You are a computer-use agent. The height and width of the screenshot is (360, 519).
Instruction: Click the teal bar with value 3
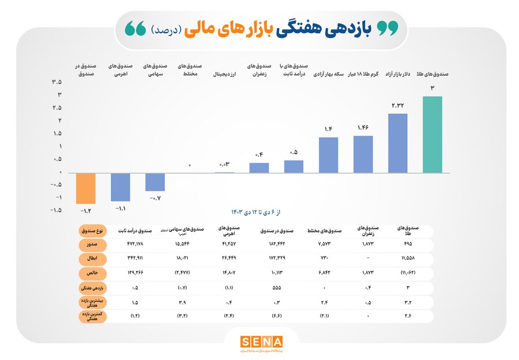(x=432, y=134)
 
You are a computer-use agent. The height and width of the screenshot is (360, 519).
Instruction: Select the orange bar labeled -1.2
(x=89, y=188)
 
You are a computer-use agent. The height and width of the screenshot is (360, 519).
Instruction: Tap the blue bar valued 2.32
(x=398, y=143)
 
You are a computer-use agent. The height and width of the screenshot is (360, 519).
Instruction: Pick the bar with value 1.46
(x=363, y=154)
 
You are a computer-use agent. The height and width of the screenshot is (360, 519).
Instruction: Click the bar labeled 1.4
(x=328, y=155)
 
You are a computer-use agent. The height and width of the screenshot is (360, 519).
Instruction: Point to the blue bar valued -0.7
(x=155, y=182)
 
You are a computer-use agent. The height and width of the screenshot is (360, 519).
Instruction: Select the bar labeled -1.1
(x=121, y=187)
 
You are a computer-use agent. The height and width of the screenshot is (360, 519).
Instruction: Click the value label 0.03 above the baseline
(x=224, y=165)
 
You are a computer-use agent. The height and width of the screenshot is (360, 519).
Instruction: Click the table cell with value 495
(x=409, y=245)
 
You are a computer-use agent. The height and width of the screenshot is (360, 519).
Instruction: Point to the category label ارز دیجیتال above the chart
(x=225, y=74)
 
